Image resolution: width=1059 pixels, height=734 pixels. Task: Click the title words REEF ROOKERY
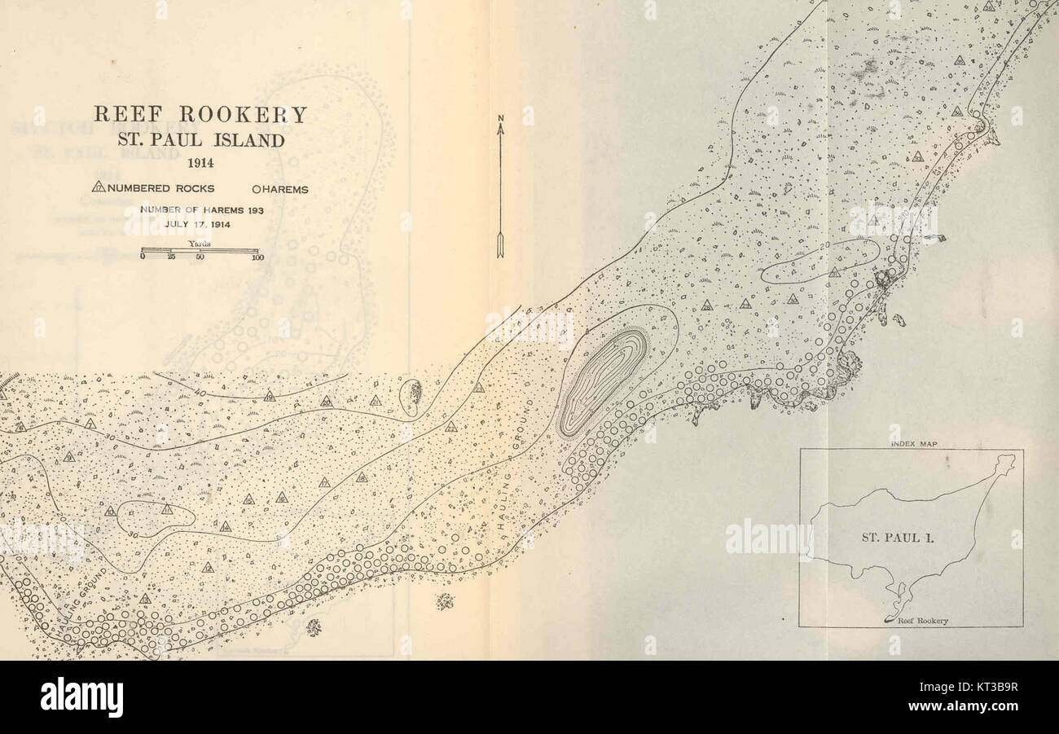click(200, 115)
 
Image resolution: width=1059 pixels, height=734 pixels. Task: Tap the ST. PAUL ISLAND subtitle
click(200, 140)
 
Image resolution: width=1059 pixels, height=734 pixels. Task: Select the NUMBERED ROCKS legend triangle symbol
click(99, 188)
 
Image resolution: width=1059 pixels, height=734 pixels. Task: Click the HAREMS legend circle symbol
click(256, 190)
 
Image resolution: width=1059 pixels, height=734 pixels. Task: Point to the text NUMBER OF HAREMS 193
click(201, 209)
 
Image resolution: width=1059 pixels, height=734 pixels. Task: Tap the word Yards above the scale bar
click(200, 243)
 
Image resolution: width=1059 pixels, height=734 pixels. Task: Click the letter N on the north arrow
click(501, 120)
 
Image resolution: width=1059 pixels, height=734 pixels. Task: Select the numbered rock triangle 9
click(69, 458)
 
